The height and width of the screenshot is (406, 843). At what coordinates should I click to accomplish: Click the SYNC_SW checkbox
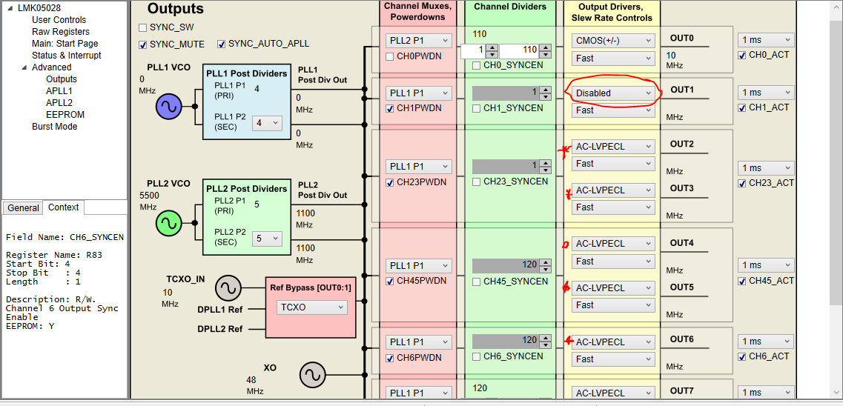pyautogui.click(x=143, y=27)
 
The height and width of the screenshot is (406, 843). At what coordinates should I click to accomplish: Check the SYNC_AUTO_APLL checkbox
pyautogui.click(x=222, y=44)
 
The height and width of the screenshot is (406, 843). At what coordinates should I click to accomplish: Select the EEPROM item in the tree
pyautogui.click(x=65, y=115)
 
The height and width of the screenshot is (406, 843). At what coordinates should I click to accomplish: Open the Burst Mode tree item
pyautogui.click(x=55, y=127)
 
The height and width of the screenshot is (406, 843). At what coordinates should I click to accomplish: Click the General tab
pyautogui.click(x=23, y=208)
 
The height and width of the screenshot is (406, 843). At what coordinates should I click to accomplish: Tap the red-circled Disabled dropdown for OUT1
pyautogui.click(x=613, y=93)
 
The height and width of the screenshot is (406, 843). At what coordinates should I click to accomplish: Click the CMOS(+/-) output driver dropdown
pyautogui.click(x=613, y=40)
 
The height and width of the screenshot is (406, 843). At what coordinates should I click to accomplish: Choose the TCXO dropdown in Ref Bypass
pyautogui.click(x=311, y=307)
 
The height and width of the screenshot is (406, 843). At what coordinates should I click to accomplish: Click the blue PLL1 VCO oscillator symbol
pyautogui.click(x=168, y=107)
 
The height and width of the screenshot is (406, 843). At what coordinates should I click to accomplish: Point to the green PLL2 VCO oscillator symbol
pyautogui.click(x=168, y=222)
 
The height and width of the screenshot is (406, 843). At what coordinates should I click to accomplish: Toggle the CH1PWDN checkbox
pyautogui.click(x=390, y=109)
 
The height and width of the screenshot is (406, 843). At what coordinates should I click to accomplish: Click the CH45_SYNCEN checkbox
pyautogui.click(x=477, y=282)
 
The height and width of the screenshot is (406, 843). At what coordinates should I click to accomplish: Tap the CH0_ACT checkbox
pyautogui.click(x=742, y=56)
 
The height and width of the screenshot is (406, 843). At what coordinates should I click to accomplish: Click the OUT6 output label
pyautogui.click(x=681, y=339)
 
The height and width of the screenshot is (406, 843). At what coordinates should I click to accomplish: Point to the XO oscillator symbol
pyautogui.click(x=312, y=375)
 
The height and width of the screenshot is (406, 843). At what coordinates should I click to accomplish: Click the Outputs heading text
pyautogui.click(x=175, y=10)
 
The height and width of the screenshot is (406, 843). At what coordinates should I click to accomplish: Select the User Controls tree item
pyautogui.click(x=59, y=20)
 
